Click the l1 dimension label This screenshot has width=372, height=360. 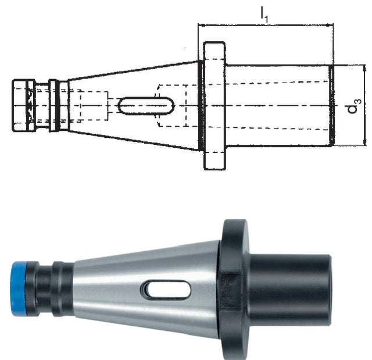tap(264, 15)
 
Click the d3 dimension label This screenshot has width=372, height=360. tap(355, 106)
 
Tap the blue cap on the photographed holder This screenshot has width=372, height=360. tap(19, 288)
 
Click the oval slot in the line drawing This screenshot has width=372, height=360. tap(146, 106)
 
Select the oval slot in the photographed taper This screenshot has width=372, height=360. tap(166, 290)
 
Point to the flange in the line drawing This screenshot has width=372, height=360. tap(214, 106)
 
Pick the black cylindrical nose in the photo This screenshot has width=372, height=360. tap(289, 290)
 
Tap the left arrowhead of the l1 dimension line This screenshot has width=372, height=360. tap(201, 24)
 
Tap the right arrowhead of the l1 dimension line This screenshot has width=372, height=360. tap(330, 24)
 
